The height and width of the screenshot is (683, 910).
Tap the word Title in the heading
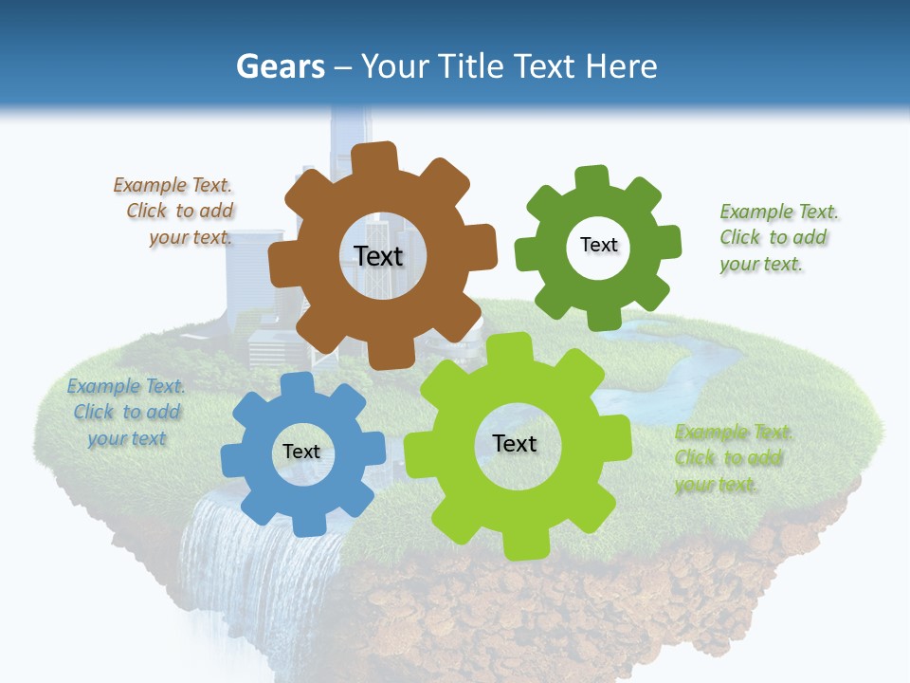pyautogui.click(x=470, y=66)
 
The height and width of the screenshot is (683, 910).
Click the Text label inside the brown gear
pyautogui.click(x=378, y=256)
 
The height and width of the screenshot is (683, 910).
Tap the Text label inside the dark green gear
pyautogui.click(x=598, y=245)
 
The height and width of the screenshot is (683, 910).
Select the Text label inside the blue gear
pyautogui.click(x=300, y=452)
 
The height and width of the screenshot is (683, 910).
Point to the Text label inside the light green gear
pyautogui.click(x=515, y=443)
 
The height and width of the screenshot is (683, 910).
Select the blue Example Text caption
pyautogui.click(x=126, y=412)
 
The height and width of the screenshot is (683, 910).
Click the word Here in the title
pyautogui.click(x=621, y=66)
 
